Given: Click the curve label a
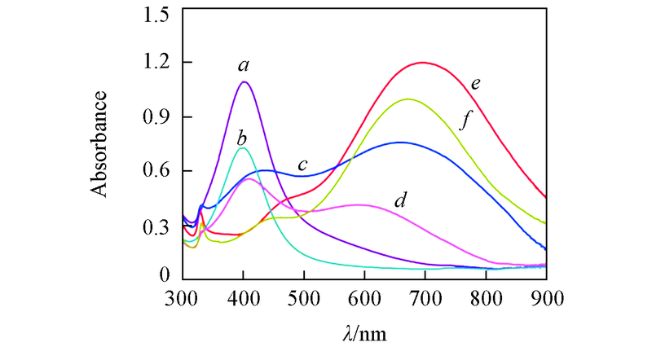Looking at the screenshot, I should point(243,63).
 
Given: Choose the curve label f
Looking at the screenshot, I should point(466,121).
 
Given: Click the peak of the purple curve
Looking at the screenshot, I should point(244,81).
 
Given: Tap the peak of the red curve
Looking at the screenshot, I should point(423,62).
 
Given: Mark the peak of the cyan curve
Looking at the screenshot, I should point(242,147).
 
